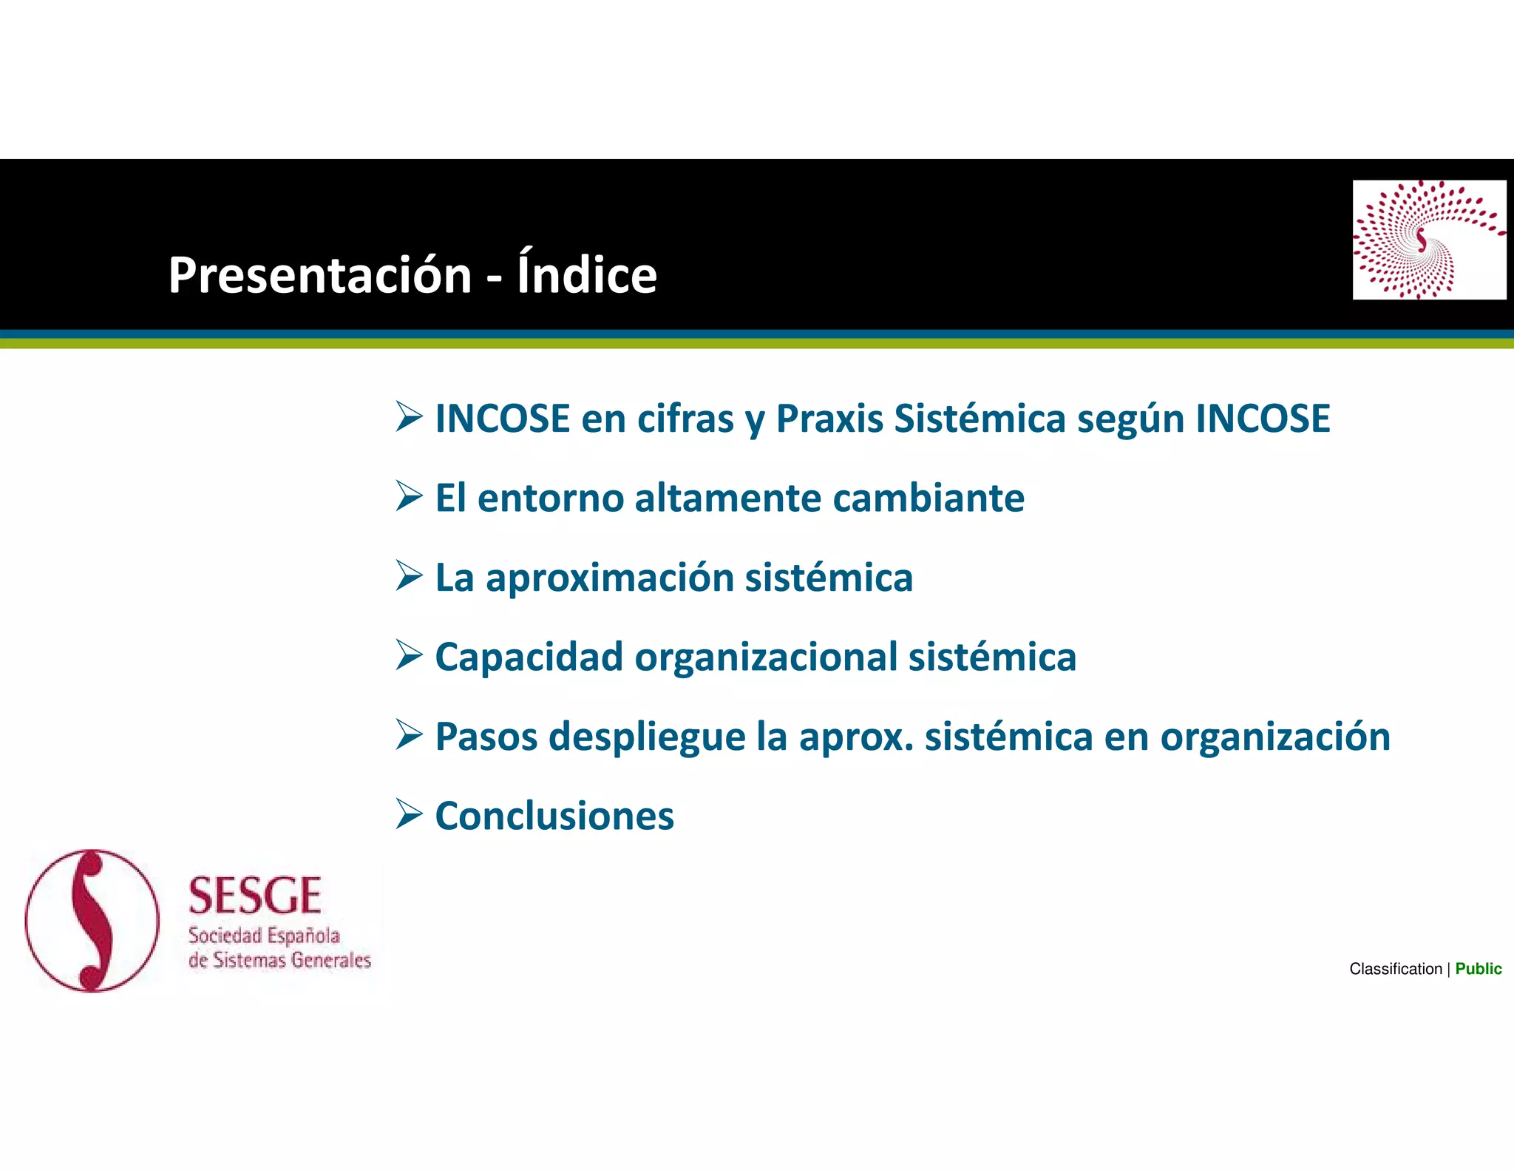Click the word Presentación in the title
(319, 275)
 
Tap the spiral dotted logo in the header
(1428, 240)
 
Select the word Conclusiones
(554, 816)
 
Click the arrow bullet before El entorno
(409, 496)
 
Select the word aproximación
(609, 578)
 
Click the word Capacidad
(529, 657)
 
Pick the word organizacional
(766, 657)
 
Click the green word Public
(1478, 969)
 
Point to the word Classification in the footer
(1395, 969)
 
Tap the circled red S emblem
(92, 921)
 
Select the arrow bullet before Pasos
(409, 734)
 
